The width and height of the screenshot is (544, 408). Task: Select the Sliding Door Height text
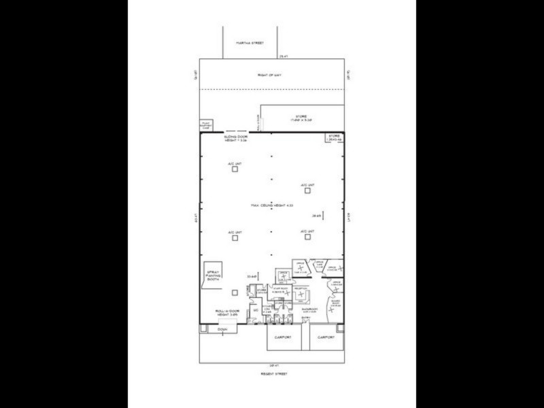click(237, 139)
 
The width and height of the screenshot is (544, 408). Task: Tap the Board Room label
click(335, 304)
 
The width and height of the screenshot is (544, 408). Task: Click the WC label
click(255, 312)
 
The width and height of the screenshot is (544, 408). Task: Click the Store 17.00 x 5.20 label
click(301, 118)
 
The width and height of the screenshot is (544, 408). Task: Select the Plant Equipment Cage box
click(207, 124)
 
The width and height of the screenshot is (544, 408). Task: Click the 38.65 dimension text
click(316, 216)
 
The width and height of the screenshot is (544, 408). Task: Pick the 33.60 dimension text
click(251, 276)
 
